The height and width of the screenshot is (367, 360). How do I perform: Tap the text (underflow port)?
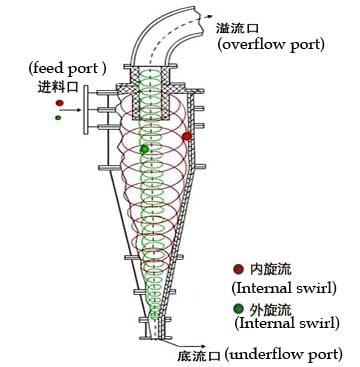pyautogui.click(x=284, y=354)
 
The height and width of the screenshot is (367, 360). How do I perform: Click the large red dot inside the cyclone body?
pyautogui.click(x=187, y=135)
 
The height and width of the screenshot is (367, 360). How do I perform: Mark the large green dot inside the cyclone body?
pyautogui.click(x=144, y=149)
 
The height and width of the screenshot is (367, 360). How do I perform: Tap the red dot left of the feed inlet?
pyautogui.click(x=60, y=102)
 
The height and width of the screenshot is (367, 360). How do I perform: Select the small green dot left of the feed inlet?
pyautogui.click(x=58, y=118)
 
